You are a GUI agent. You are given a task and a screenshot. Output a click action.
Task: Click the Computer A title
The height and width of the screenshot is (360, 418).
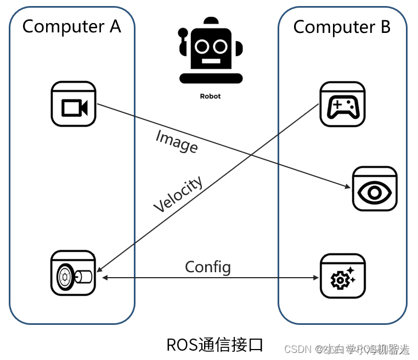pos(71,26)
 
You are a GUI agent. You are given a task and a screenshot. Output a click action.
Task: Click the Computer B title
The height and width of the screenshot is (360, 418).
pos(342,27)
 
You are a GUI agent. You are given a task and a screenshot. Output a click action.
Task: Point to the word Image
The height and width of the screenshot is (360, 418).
pos(177,140)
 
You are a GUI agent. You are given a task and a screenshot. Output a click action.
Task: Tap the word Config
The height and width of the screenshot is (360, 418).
pos(208,267)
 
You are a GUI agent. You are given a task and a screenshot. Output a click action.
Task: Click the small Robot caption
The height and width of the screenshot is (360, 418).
pos(210,96)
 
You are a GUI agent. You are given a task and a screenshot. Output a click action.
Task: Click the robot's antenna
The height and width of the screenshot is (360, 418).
pos(210,21)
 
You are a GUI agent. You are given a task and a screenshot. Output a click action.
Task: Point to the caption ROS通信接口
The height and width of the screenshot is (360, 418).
pos(214,345)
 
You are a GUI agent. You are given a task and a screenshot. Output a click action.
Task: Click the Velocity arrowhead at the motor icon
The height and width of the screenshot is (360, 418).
pos(99,269)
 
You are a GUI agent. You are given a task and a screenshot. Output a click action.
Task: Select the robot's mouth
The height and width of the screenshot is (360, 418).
pos(210,61)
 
